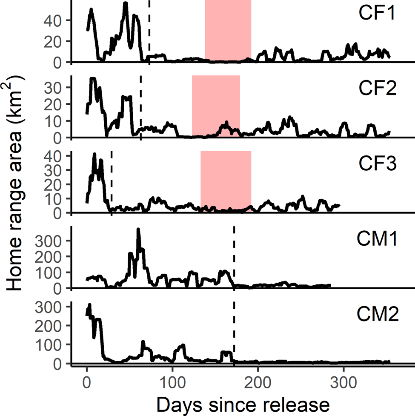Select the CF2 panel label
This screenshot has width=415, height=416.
(x=376, y=89)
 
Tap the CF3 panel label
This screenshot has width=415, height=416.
(x=376, y=164)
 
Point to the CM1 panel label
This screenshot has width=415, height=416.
(x=376, y=239)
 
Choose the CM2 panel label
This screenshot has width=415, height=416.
(x=376, y=316)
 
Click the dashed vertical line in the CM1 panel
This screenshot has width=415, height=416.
(x=234, y=255)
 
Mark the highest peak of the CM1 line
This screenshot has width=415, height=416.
(x=138, y=230)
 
